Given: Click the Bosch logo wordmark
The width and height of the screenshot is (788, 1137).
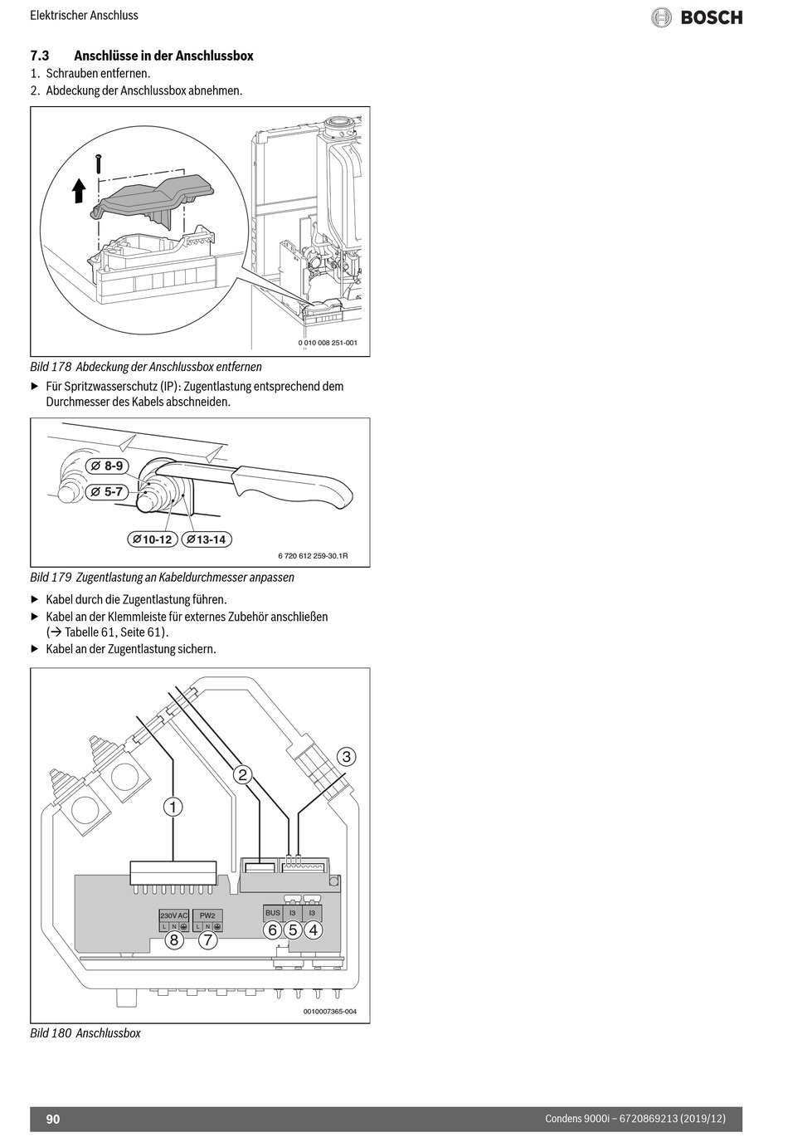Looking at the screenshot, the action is [711, 17].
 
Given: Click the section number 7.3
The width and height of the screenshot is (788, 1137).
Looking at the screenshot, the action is [40, 56].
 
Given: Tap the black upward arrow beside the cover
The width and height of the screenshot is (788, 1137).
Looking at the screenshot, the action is [79, 192].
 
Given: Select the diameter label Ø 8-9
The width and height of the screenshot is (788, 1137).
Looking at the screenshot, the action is [108, 466].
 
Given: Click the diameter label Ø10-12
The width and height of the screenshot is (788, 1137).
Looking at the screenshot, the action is [152, 539].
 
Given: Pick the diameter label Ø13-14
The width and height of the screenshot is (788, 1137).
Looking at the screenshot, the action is [206, 539].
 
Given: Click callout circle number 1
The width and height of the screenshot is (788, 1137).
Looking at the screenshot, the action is [173, 806].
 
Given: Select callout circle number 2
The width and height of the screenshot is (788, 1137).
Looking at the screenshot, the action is [242, 774].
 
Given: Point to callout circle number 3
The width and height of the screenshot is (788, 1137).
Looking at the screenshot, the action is [347, 756].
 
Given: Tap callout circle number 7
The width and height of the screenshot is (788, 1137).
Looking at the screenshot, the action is [207, 940].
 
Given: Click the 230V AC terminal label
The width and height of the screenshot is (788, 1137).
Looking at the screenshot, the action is [174, 915].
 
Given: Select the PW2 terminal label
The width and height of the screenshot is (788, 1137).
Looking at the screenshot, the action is [207, 915].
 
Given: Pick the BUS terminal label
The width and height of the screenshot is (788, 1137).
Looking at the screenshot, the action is [273, 913].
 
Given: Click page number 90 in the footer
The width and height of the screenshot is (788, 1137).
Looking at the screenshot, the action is [53, 1119].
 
